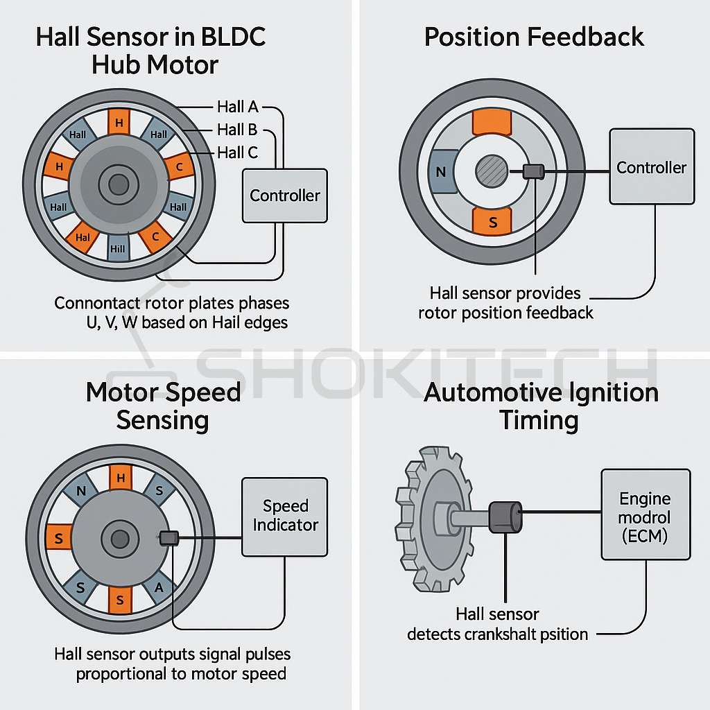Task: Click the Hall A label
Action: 237,107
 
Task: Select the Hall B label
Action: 237,130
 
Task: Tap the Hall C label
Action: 237,153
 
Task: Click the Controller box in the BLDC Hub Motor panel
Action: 285,196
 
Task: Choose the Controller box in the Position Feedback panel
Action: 652,167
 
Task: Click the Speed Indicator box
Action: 285,516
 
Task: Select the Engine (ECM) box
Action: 646,514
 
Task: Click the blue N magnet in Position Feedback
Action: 440,171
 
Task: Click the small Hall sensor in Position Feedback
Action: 533,171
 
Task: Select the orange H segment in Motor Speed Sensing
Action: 120,478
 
